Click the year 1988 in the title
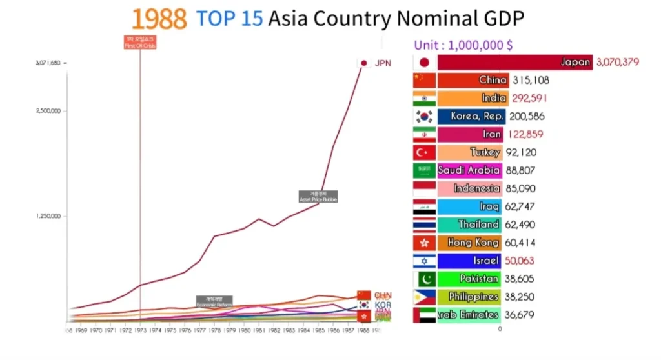[159, 19]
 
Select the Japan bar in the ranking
[514, 63]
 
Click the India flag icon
[424, 99]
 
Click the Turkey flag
[424, 153]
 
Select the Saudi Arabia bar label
[469, 171]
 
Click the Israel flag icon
[424, 261]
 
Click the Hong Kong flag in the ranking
[424, 243]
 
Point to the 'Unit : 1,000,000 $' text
[463, 46]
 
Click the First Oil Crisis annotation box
[140, 43]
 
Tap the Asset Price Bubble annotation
[318, 197]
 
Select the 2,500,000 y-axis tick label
[48, 110]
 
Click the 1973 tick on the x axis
[140, 330]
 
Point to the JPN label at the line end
[383, 63]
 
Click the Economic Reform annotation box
[214, 301]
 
